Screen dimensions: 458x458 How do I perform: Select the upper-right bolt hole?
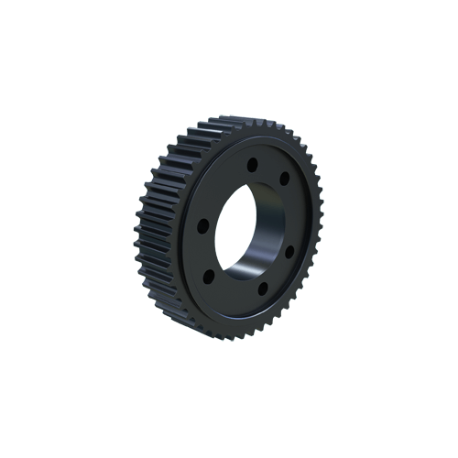(284, 178)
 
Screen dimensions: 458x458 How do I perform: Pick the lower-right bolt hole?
(289, 250)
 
